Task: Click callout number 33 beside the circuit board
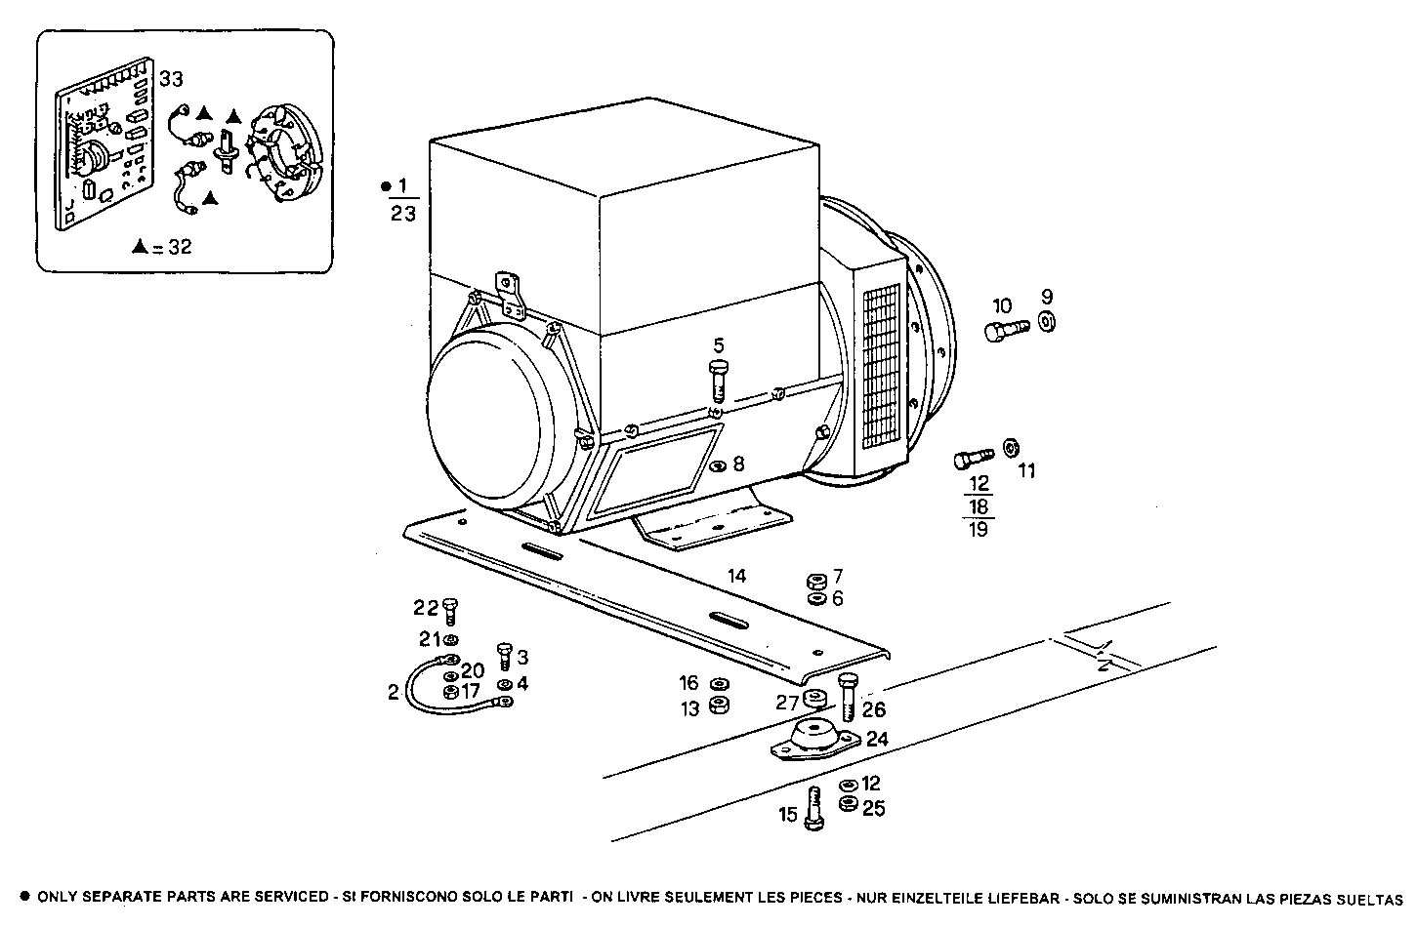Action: pos(171,79)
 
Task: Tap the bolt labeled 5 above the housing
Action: pos(719,380)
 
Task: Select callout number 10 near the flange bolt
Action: pos(1002,304)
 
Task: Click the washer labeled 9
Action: pos(1047,322)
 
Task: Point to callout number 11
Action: pos(1026,470)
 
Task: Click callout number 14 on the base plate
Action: pos(736,576)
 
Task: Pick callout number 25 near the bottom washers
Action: pos(873,808)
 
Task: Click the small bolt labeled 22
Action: pos(449,612)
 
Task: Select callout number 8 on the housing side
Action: pos(738,464)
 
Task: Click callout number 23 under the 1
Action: pos(403,213)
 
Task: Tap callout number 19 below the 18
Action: pos(979,530)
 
